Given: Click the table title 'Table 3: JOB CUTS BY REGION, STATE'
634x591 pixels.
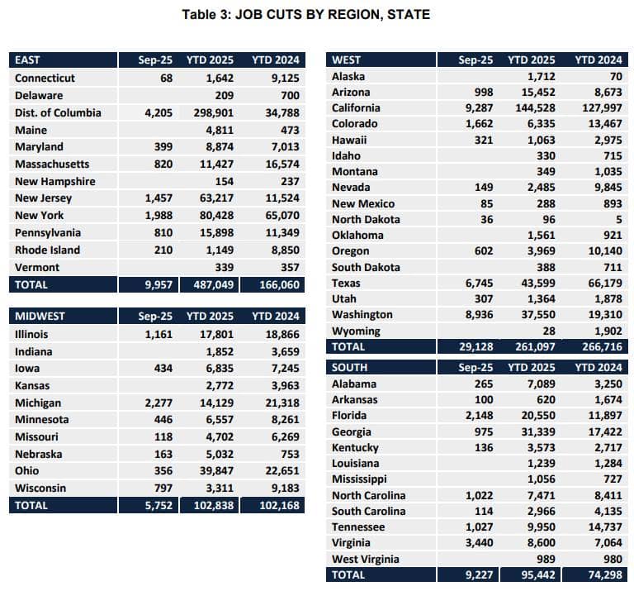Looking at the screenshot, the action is coord(305,15).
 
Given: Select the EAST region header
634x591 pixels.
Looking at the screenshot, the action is coord(27,60).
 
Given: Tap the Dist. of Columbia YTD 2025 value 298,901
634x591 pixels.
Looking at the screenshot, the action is coord(214,112).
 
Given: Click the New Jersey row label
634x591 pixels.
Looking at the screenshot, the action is coord(43,198).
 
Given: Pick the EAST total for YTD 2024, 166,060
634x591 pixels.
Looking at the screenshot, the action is coord(279,284).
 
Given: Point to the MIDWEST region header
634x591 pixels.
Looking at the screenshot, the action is coord(40,316).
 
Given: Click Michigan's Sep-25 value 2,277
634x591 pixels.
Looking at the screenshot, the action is coord(158,403).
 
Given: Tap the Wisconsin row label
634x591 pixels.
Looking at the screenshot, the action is coord(40,488).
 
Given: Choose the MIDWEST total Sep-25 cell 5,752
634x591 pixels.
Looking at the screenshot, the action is coord(158,505).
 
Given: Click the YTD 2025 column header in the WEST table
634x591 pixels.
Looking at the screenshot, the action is coord(532,60).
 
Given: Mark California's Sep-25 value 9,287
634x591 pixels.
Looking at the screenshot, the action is coord(479,108).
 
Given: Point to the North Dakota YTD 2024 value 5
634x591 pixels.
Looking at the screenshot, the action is coord(618,219).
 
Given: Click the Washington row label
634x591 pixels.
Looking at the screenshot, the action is coord(362,315).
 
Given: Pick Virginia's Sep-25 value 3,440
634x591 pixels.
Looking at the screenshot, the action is coord(479,543).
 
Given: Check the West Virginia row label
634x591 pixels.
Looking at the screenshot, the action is coord(366,559).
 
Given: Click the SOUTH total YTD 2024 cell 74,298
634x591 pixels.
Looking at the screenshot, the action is coord(605,574).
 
